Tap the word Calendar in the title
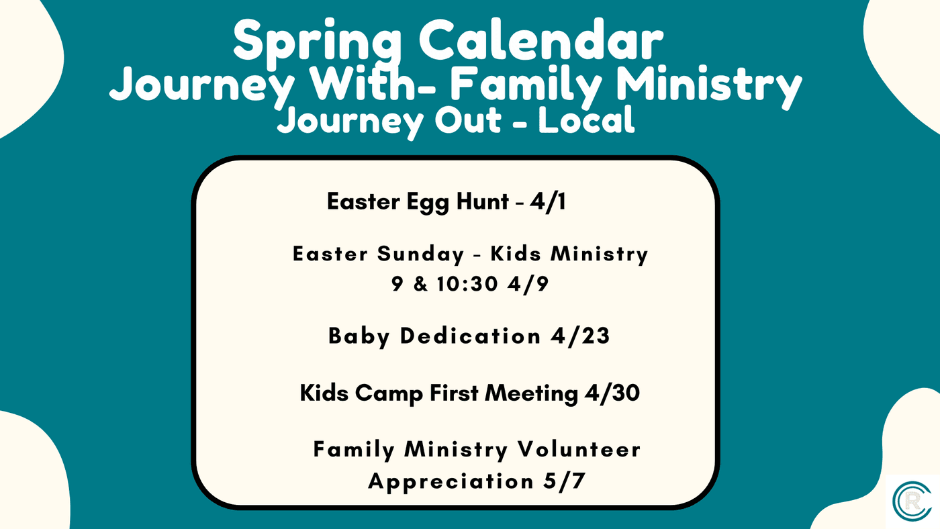[x=540, y=40]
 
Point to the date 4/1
[x=548, y=201]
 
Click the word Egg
[x=428, y=203]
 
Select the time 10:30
[x=467, y=284]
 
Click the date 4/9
[x=528, y=284]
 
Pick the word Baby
[x=359, y=337]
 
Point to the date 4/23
[x=580, y=336]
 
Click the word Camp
[x=389, y=394]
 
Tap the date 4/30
[x=612, y=393]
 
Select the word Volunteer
[x=579, y=449]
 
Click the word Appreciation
[x=451, y=481]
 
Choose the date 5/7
[x=564, y=481]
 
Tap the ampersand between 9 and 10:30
[x=420, y=284]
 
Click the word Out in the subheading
[x=468, y=120]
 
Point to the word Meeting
[x=531, y=394]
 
